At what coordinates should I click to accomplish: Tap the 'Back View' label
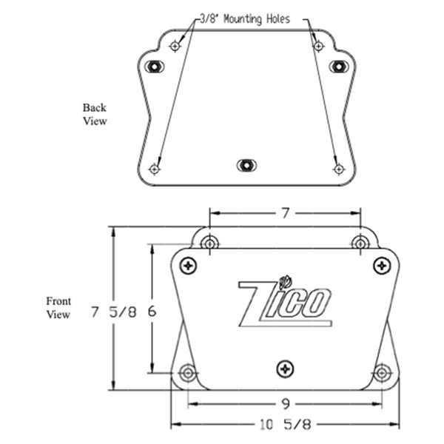point(94,114)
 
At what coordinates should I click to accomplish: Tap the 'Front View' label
point(58,308)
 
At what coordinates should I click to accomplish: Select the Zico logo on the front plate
point(284,301)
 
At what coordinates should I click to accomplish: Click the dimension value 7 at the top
point(284,213)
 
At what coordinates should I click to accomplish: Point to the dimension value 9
point(284,405)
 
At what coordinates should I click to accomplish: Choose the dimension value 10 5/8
point(284,425)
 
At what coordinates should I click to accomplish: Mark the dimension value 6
point(152,312)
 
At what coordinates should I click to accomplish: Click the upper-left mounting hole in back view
point(175,47)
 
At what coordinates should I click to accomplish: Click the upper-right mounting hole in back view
point(318,47)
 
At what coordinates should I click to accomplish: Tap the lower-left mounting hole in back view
point(154,169)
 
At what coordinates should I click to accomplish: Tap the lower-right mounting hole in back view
point(339,169)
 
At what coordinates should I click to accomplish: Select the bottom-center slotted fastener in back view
point(246,165)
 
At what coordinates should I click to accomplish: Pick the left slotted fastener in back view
point(153,66)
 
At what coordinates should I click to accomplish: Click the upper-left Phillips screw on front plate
point(189,264)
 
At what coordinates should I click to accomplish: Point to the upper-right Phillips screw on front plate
point(381,264)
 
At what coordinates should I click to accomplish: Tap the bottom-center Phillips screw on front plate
point(285,368)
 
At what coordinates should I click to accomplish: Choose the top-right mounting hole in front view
point(360,242)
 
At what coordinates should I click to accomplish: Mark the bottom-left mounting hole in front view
point(188,373)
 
